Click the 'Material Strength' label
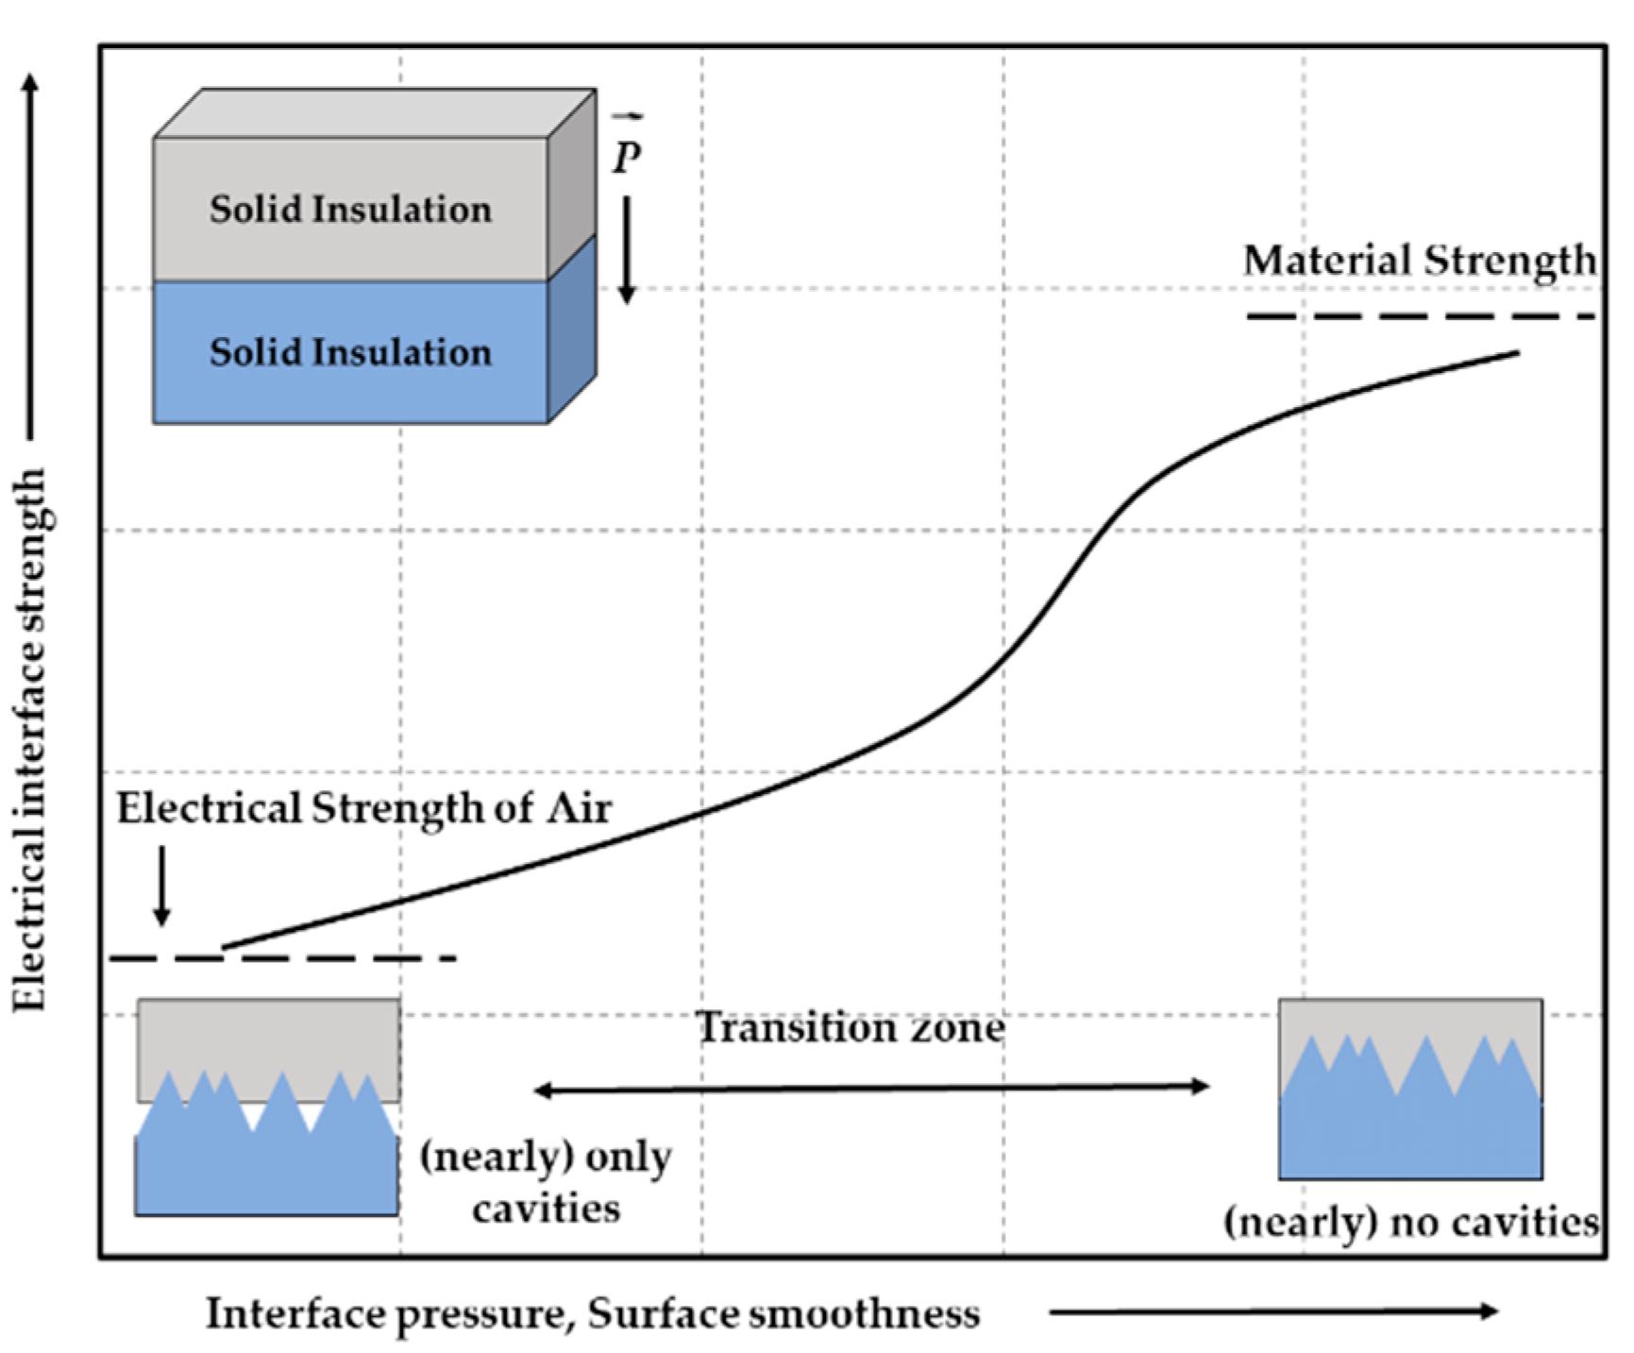tap(1418, 261)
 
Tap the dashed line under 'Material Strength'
tap(1420, 316)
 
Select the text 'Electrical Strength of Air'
tap(364, 809)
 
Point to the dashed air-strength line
tap(283, 958)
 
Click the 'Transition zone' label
tap(850, 1027)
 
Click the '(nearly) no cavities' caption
tap(1411, 1222)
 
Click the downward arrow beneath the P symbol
tap(627, 250)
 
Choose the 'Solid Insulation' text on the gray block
tap(350, 210)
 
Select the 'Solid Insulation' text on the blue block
tap(350, 352)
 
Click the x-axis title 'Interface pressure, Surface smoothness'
tap(593, 1313)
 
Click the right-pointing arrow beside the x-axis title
tap(1273, 1311)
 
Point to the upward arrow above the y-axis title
tap(31, 255)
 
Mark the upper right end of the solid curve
tap(1517, 353)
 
